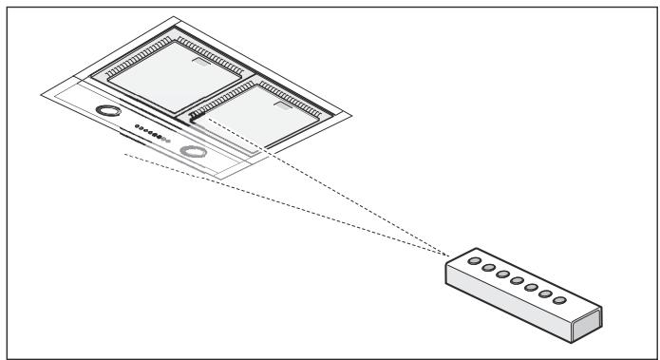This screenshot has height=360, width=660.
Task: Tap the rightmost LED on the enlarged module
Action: tap(559, 301)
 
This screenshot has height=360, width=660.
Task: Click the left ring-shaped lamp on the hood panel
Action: tap(111, 111)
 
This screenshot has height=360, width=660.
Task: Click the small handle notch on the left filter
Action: tap(202, 64)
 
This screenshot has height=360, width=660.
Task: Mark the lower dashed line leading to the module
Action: tap(285, 204)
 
